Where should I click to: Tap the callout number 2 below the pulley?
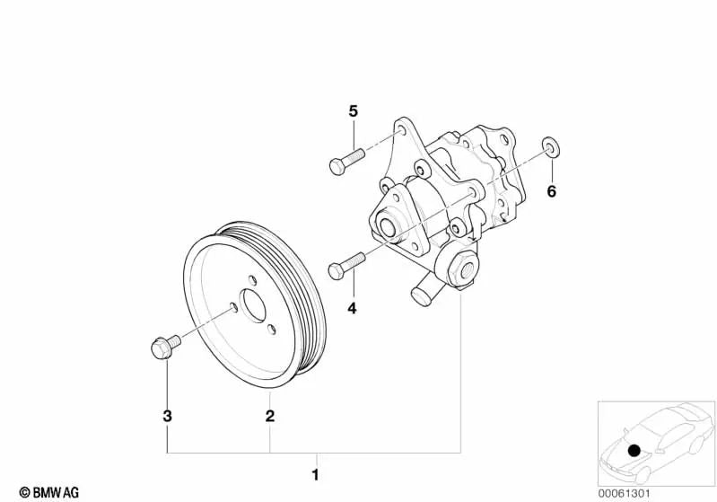pos(269,416)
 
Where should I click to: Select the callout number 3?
pos(167,416)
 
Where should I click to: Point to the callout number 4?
pos(352,308)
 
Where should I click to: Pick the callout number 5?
pos(353,111)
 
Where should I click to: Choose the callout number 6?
pos(552,191)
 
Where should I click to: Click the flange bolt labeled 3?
pos(162,345)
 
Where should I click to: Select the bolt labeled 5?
pos(344,163)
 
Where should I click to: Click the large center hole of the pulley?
pos(255,306)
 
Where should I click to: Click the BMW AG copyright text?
pos(42,492)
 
